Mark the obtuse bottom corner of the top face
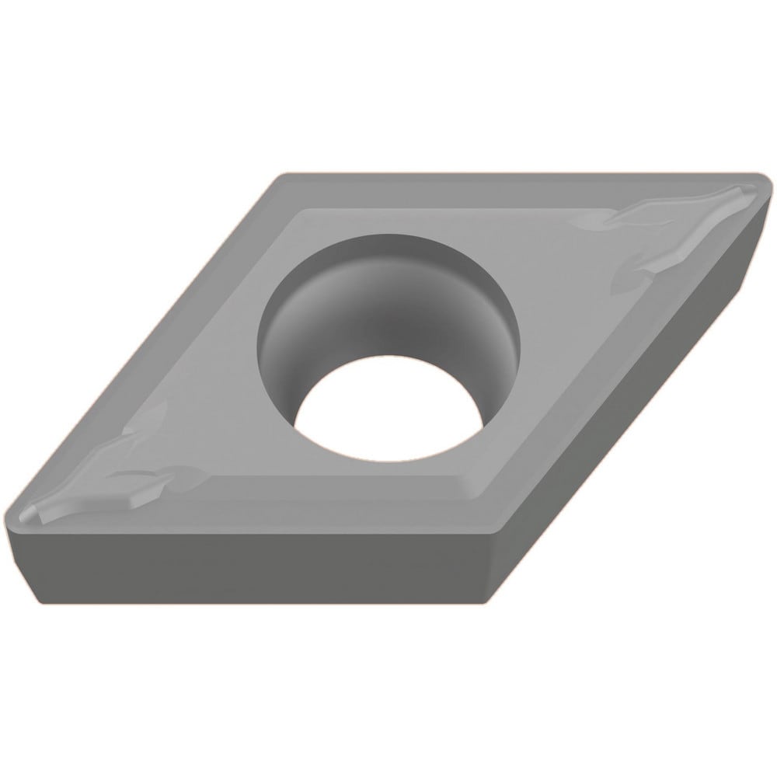488,536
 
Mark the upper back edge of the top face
505,176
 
